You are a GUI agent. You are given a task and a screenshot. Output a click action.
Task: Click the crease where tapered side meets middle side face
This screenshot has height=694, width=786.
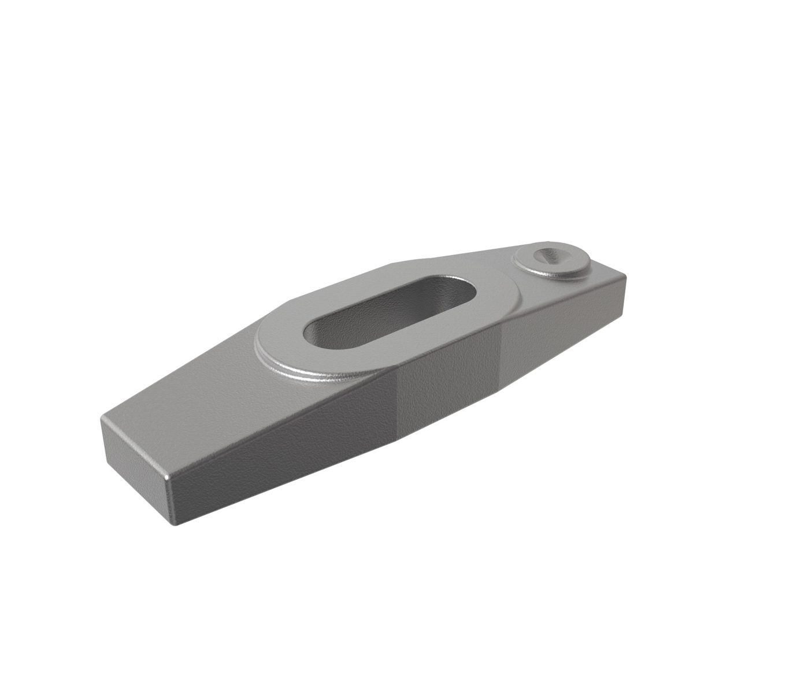(398, 405)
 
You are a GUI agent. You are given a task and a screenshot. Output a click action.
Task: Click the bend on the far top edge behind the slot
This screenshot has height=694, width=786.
(393, 264)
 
